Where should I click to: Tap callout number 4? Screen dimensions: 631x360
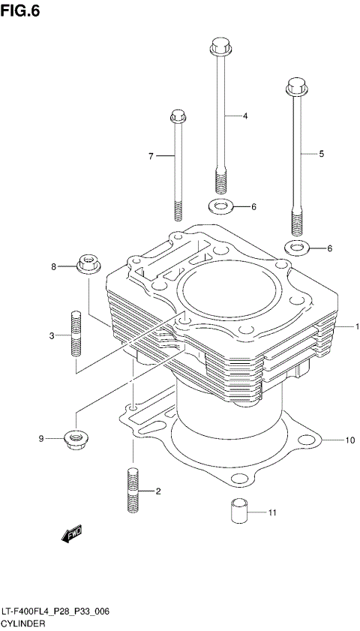click(244, 116)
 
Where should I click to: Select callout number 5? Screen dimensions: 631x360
click(321, 153)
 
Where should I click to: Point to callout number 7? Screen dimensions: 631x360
click(150, 156)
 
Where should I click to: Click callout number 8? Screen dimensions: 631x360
click(53, 266)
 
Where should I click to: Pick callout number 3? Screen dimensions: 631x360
click(52, 335)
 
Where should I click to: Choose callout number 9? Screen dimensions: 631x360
click(43, 438)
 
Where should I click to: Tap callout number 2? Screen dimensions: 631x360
click(158, 491)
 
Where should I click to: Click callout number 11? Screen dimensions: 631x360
click(272, 512)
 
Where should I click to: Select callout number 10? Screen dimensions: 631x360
click(349, 440)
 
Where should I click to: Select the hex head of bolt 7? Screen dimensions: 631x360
click(178, 117)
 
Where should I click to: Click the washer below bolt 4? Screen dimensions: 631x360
click(219, 206)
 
